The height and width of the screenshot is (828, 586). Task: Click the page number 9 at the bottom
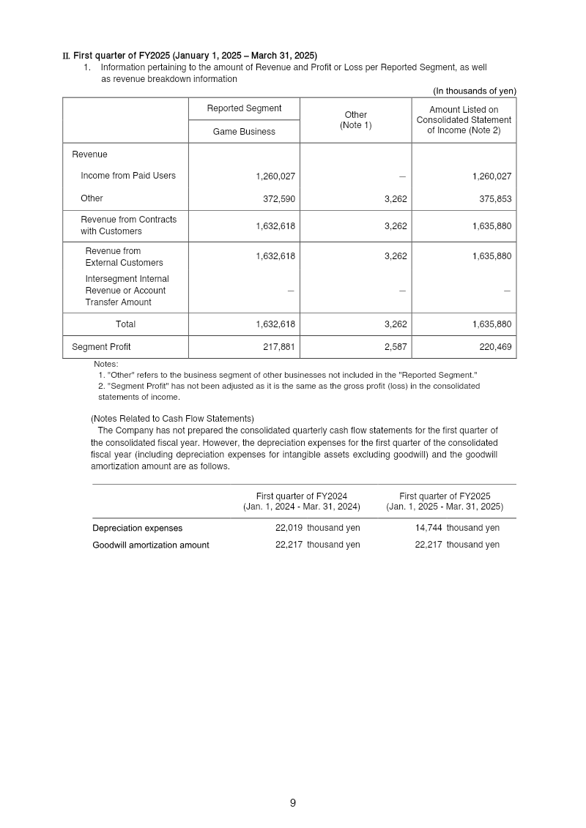tap(292, 803)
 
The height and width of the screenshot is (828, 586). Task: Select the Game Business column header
tap(244, 132)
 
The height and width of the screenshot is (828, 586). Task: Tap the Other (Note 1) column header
tap(356, 120)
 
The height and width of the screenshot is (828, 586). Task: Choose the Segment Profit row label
tap(101, 347)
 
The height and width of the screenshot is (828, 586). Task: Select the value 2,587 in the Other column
tap(396, 347)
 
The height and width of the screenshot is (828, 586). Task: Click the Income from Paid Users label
tap(128, 176)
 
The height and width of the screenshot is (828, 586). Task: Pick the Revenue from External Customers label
tap(124, 257)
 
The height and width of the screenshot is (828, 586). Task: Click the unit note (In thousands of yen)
tap(474, 91)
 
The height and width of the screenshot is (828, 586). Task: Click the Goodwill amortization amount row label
tap(150, 545)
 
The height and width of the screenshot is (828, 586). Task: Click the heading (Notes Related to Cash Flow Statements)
tap(172, 419)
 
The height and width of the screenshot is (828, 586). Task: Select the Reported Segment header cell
tap(244, 108)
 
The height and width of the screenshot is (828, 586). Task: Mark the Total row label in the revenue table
tap(125, 324)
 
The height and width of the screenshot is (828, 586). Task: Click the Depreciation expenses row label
tap(137, 528)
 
